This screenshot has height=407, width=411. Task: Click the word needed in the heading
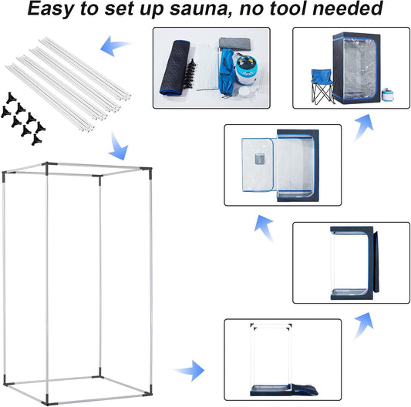point(348,8)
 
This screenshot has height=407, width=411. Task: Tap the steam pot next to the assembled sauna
point(387,95)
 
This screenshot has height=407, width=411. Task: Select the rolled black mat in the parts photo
point(175,68)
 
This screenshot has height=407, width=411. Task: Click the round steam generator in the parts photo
point(246,70)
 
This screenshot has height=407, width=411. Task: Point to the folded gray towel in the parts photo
point(235,44)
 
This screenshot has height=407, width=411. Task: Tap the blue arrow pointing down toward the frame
point(118,146)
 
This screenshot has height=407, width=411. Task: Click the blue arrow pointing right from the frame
point(189,370)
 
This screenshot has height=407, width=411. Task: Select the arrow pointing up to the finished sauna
point(363,127)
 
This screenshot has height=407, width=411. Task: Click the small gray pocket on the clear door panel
point(260,159)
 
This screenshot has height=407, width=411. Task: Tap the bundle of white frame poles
point(68,84)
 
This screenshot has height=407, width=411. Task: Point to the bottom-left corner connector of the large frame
point(8,382)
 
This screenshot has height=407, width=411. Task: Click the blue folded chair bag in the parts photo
point(227,72)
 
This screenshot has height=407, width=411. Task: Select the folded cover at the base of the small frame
point(285,390)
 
